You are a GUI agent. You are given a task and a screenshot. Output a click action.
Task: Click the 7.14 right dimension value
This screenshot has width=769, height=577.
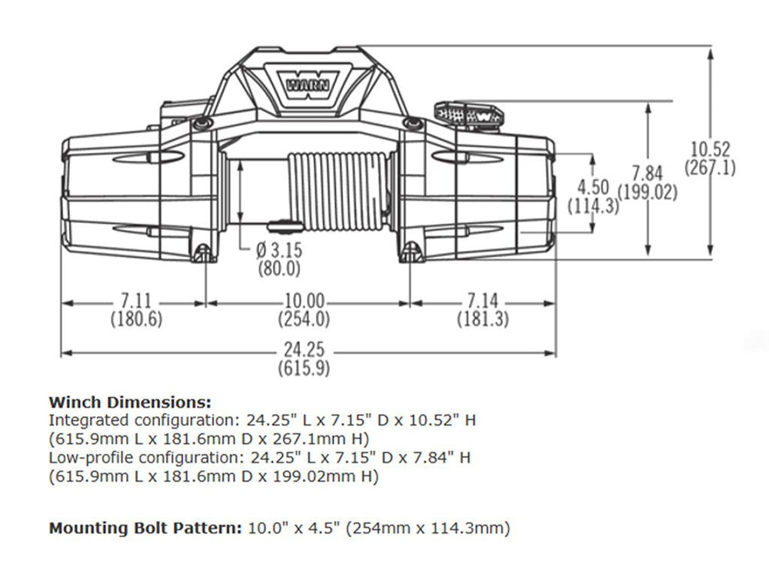[482, 302]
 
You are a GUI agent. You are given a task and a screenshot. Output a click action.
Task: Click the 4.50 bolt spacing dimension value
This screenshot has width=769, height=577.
[593, 188]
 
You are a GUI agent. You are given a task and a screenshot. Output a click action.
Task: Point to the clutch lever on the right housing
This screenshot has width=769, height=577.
[470, 114]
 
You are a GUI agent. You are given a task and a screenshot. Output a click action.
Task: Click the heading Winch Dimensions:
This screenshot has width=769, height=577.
[129, 402]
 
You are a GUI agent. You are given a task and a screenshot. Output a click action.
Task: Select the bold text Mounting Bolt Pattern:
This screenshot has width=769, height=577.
[145, 529]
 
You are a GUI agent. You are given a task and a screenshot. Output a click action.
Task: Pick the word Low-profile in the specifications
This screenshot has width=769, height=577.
[82, 458]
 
